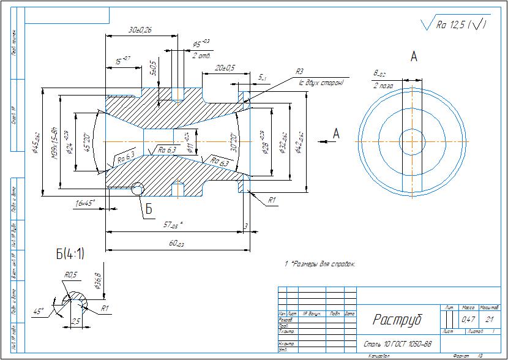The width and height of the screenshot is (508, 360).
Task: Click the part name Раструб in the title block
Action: pyautogui.click(x=397, y=320)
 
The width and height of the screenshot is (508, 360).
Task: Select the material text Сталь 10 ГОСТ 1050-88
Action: pyautogui.click(x=398, y=344)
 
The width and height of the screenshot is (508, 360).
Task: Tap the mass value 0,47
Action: pyautogui.click(x=468, y=320)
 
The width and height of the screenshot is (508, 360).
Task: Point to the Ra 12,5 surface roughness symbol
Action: pyautogui.click(x=456, y=25)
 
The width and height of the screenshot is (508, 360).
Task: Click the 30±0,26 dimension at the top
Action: pyautogui.click(x=140, y=30)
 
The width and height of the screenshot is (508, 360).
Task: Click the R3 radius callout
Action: pyautogui.click(x=299, y=72)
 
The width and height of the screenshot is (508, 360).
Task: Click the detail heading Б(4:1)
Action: pyautogui.click(x=70, y=253)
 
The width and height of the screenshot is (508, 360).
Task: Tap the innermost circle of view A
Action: pyautogui.click(x=413, y=140)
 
